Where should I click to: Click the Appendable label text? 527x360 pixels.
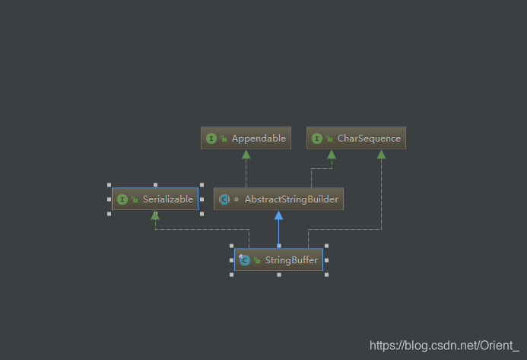pyautogui.click(x=259, y=139)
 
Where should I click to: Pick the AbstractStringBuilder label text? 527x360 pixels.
pyautogui.click(x=290, y=199)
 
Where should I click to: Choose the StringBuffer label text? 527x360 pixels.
pyautogui.click(x=291, y=260)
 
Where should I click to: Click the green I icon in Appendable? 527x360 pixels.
pyautogui.click(x=211, y=139)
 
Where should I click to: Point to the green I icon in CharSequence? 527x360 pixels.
pyautogui.click(x=318, y=139)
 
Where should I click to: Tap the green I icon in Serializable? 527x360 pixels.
pyautogui.click(x=122, y=199)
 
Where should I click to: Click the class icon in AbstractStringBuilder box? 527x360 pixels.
pyautogui.click(x=224, y=199)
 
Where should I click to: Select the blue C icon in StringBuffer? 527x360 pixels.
pyautogui.click(x=244, y=260)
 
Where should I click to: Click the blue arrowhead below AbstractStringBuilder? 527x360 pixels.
pyautogui.click(x=278, y=215)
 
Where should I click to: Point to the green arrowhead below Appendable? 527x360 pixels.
pyautogui.click(x=246, y=154)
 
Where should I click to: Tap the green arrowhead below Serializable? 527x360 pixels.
pyautogui.click(x=155, y=215)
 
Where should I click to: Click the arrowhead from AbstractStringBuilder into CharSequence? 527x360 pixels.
pyautogui.click(x=332, y=154)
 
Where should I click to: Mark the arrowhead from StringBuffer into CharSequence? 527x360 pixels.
pyautogui.click(x=381, y=154)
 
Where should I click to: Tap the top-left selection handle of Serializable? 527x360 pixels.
pyautogui.click(x=110, y=185)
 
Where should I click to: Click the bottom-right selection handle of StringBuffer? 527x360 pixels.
pyautogui.click(x=327, y=274)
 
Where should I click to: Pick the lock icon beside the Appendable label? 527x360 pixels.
pyautogui.click(x=224, y=139)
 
